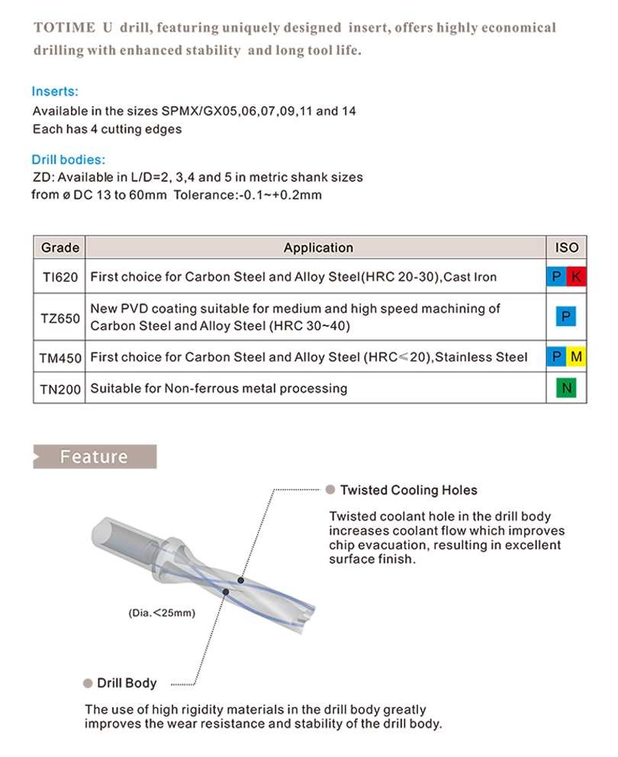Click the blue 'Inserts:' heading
[x=55, y=92]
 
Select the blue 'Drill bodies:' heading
[x=69, y=160]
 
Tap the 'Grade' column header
[x=60, y=247]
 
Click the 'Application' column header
[x=318, y=247]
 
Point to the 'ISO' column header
[x=567, y=247]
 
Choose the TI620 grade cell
[x=60, y=277]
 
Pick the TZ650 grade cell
[x=60, y=317]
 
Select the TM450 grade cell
[x=60, y=357]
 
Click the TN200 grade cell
[x=60, y=389]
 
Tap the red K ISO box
[x=576, y=277]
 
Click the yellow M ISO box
[x=576, y=357]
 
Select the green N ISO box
[x=567, y=389]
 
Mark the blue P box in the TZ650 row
[x=567, y=317]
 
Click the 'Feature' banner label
[x=94, y=457]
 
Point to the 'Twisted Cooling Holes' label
[x=408, y=490]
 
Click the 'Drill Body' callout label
[x=127, y=683]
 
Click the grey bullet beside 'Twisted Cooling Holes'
[x=330, y=490]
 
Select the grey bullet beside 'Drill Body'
[x=88, y=683]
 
